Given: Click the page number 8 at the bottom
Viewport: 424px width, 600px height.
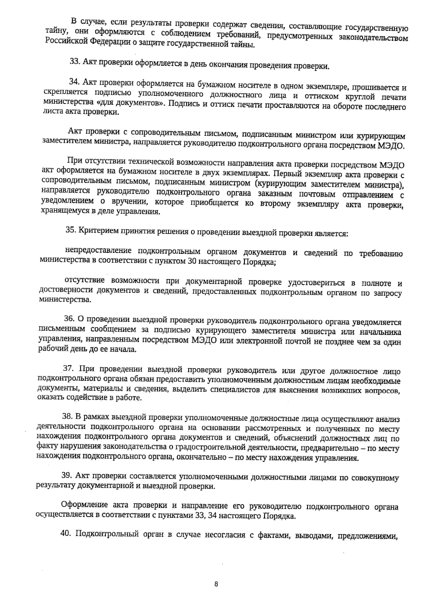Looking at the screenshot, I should click(x=216, y=584).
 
